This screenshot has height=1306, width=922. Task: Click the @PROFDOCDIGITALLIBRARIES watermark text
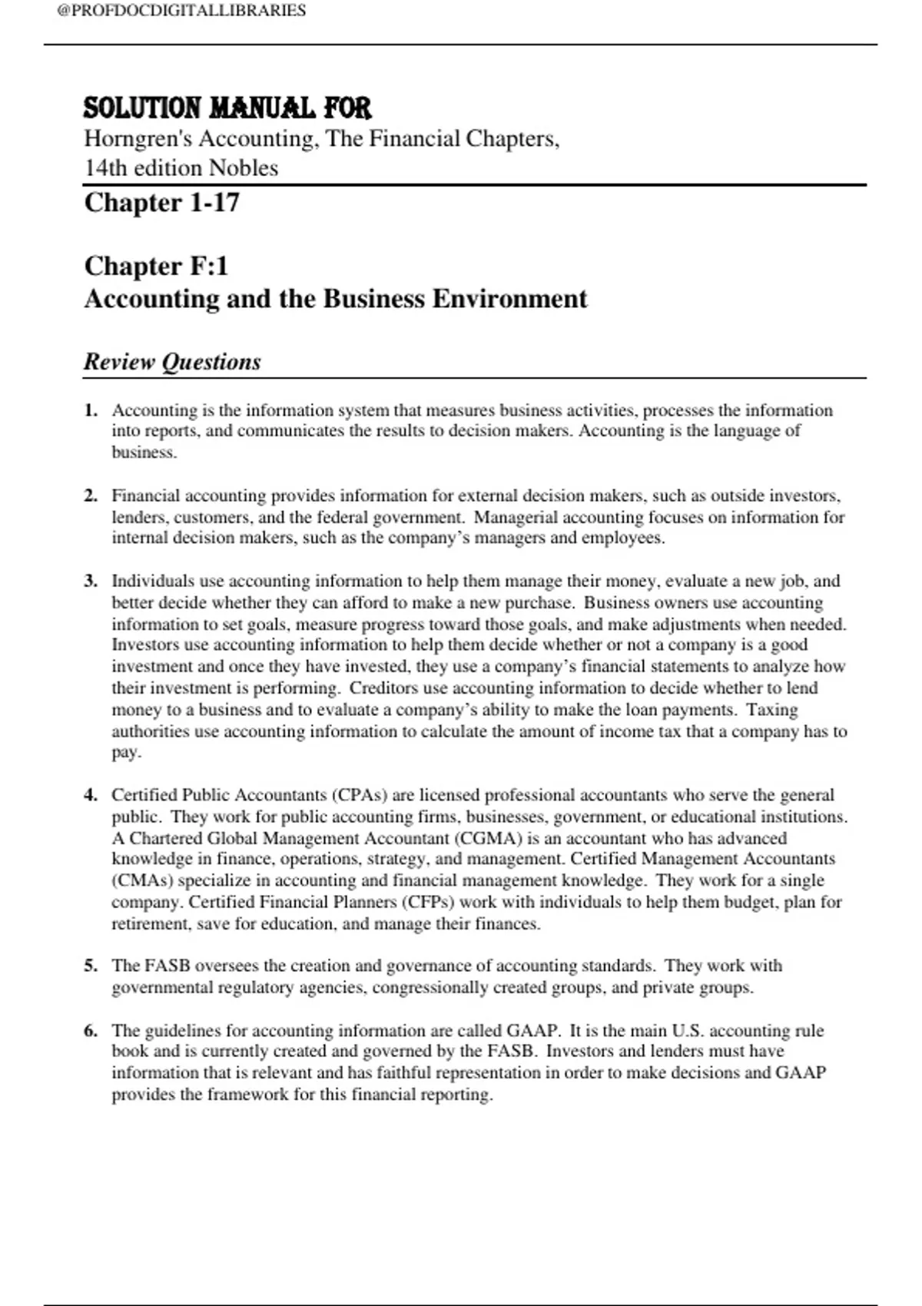pos(181,11)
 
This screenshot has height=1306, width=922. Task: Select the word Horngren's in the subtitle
pos(138,139)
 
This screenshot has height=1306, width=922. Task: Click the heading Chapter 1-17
pos(162,203)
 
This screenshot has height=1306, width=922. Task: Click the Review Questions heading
pos(172,362)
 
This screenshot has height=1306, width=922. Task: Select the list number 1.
pos(91,410)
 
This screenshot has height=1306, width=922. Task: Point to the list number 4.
pos(91,795)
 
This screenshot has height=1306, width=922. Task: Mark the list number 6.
pos(91,1030)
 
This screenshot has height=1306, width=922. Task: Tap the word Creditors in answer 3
pos(383,688)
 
